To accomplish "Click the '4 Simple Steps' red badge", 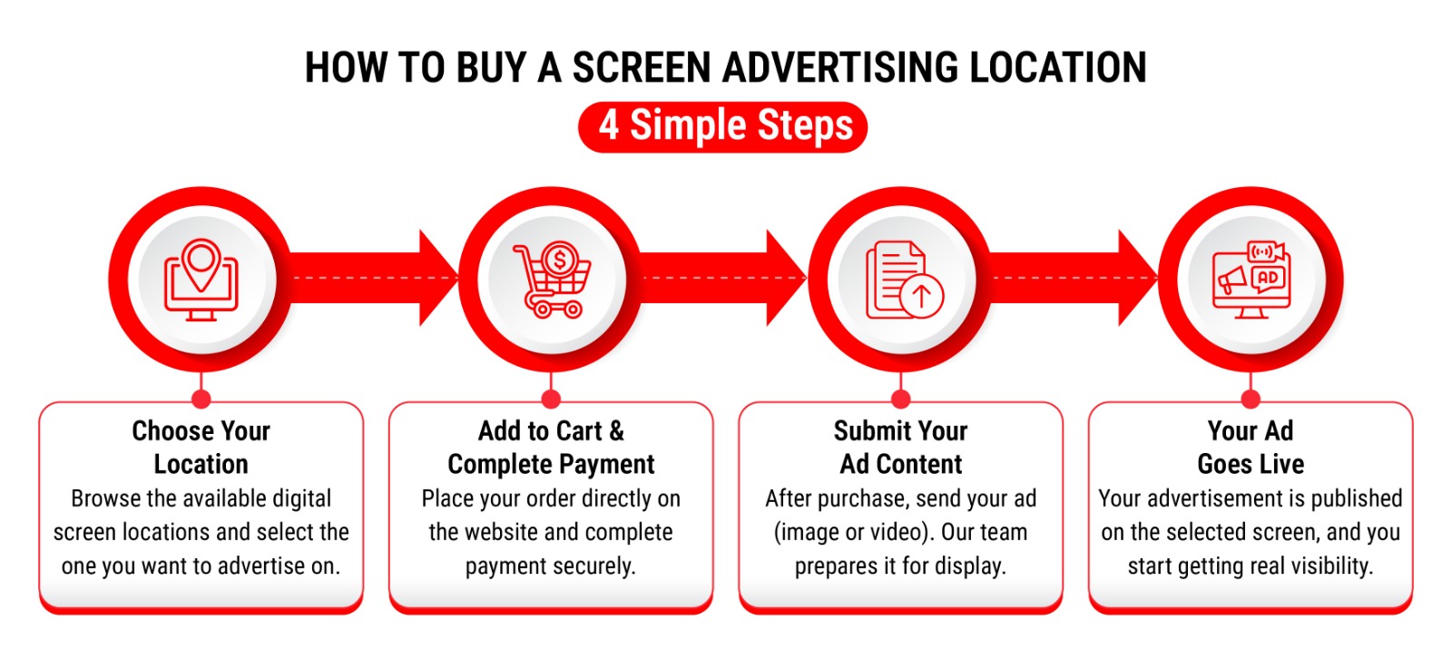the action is click(x=722, y=126).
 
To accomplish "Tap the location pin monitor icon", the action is click(x=201, y=281).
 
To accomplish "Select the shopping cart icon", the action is click(x=553, y=281).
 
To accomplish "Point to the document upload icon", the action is click(x=904, y=281).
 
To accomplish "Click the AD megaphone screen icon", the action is click(x=1251, y=281).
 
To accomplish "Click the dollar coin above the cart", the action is click(x=560, y=260).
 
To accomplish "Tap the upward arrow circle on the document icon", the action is click(x=922, y=296).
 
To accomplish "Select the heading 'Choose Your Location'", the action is click(x=201, y=448).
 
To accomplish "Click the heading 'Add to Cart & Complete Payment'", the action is click(x=551, y=448).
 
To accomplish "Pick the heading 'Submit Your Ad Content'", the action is click(x=901, y=448).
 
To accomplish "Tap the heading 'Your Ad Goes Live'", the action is click(x=1251, y=448).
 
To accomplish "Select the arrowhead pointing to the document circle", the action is click(x=786, y=278).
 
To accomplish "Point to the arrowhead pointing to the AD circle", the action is click(x=1137, y=278).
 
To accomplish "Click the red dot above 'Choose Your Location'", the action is click(x=201, y=399).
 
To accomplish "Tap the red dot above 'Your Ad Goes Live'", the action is click(x=1251, y=399).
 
